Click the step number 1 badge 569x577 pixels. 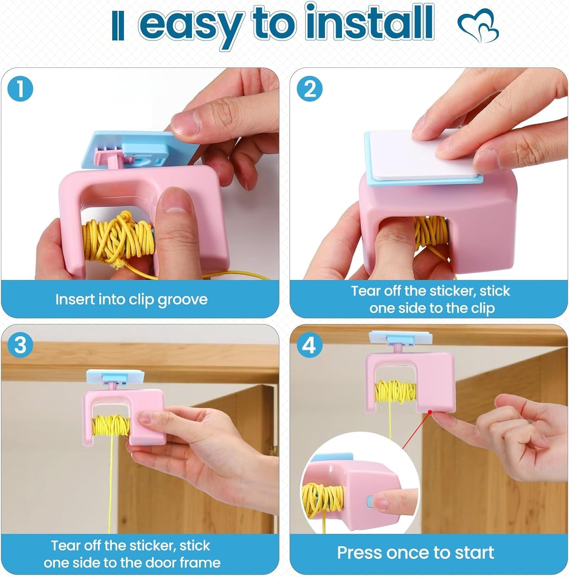click(x=20, y=89)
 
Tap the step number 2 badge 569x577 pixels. click(x=310, y=89)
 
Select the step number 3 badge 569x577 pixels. click(x=20, y=345)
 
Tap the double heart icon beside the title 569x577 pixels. click(x=478, y=27)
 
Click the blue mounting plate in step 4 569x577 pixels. click(x=400, y=337)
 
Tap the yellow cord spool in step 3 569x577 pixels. click(x=111, y=427)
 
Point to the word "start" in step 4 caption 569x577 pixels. click(x=474, y=553)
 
